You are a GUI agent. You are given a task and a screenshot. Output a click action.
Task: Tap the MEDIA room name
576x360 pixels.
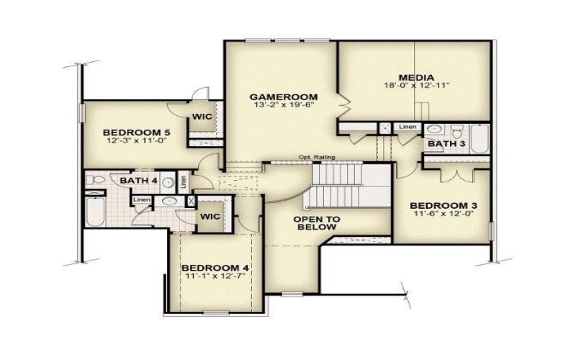point(416,77)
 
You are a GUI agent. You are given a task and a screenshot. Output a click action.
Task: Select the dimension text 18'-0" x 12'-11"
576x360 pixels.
point(416,86)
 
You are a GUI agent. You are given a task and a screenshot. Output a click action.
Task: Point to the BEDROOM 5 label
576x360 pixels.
point(136,132)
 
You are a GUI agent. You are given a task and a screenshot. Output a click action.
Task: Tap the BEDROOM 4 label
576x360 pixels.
point(216,268)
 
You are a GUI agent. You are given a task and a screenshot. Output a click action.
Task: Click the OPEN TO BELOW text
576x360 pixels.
point(316,222)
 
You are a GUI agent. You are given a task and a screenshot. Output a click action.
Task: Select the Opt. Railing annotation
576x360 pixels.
point(317,158)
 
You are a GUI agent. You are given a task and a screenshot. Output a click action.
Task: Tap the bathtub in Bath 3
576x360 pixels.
point(478,136)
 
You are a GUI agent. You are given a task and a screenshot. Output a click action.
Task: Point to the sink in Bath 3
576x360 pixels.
point(435,130)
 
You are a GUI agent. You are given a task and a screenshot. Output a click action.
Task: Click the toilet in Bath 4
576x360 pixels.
point(94,180)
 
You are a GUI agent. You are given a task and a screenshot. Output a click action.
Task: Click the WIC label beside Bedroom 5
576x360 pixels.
point(200,117)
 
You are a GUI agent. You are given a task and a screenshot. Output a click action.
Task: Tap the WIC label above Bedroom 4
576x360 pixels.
point(210,216)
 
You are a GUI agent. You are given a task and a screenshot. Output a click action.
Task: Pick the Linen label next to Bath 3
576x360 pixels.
point(408,127)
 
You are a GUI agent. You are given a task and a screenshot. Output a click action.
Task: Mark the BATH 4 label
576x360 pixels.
point(134,180)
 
